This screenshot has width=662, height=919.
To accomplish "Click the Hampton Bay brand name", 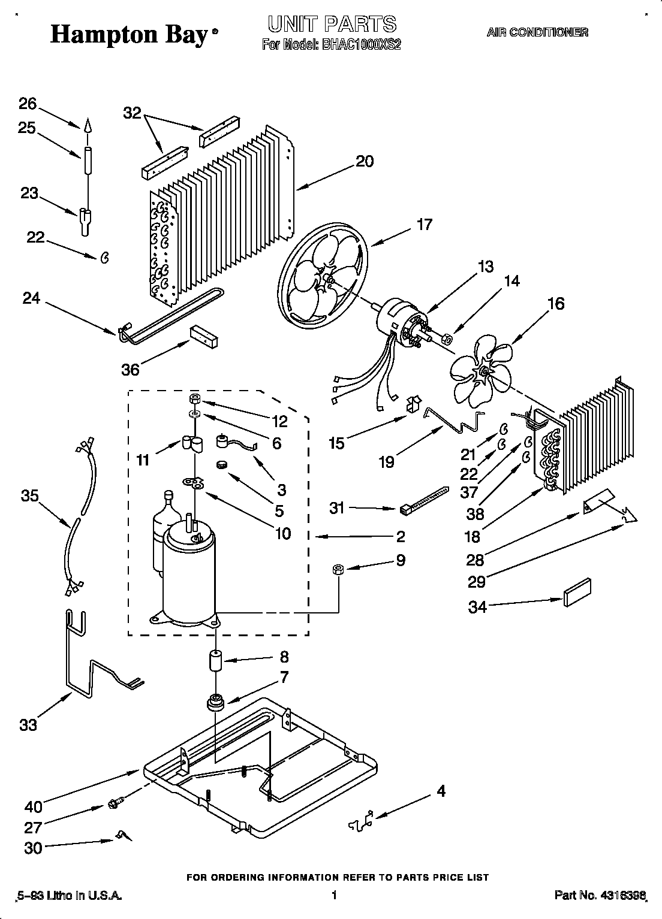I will coord(129,35).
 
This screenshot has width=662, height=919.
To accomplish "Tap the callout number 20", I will coord(364,161).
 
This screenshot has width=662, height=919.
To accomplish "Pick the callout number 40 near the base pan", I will coord(33,806).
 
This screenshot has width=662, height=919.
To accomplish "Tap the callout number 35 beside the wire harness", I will coord(30,495).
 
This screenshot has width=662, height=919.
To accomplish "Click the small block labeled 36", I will coord(204,337).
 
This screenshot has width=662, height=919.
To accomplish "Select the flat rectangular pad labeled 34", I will coord(577,593).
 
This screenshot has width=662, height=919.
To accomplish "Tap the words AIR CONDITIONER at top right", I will coord(537,33).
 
